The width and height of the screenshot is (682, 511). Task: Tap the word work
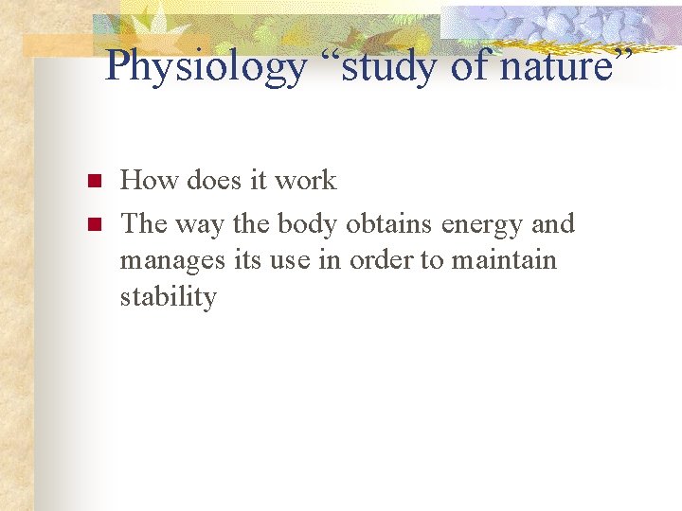305,180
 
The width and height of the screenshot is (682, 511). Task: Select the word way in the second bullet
201,224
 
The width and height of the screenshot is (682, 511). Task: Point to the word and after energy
553,224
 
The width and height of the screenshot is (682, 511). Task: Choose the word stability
168,297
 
